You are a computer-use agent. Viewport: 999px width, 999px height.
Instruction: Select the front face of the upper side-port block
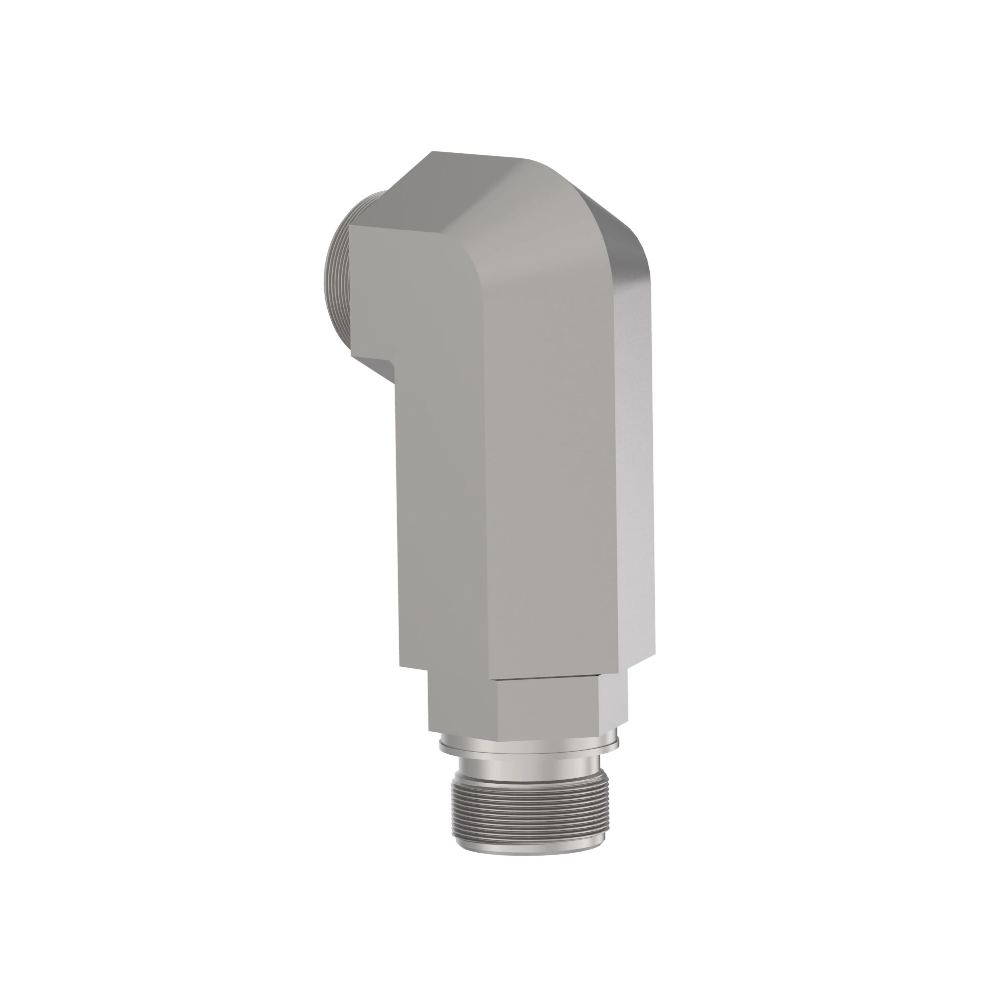398,290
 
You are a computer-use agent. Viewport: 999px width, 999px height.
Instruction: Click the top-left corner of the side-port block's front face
352,226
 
